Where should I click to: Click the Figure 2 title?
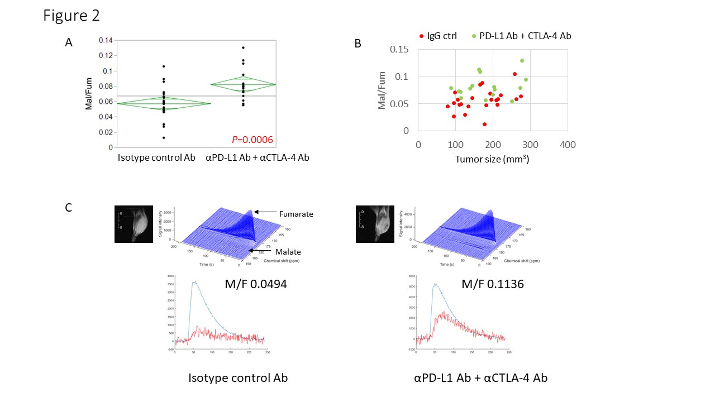click(x=71, y=16)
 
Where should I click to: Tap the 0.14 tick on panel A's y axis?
click(x=105, y=40)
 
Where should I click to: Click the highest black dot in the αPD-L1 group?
click(x=243, y=47)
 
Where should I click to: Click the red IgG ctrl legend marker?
click(x=421, y=36)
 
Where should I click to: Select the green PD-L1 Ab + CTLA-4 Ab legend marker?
click(x=473, y=36)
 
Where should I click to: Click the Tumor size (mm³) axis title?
click(x=492, y=160)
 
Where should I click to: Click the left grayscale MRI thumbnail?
click(x=133, y=224)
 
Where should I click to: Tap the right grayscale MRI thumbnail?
click(x=374, y=224)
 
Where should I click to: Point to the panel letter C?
click(x=69, y=208)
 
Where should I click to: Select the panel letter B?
click(x=358, y=42)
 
